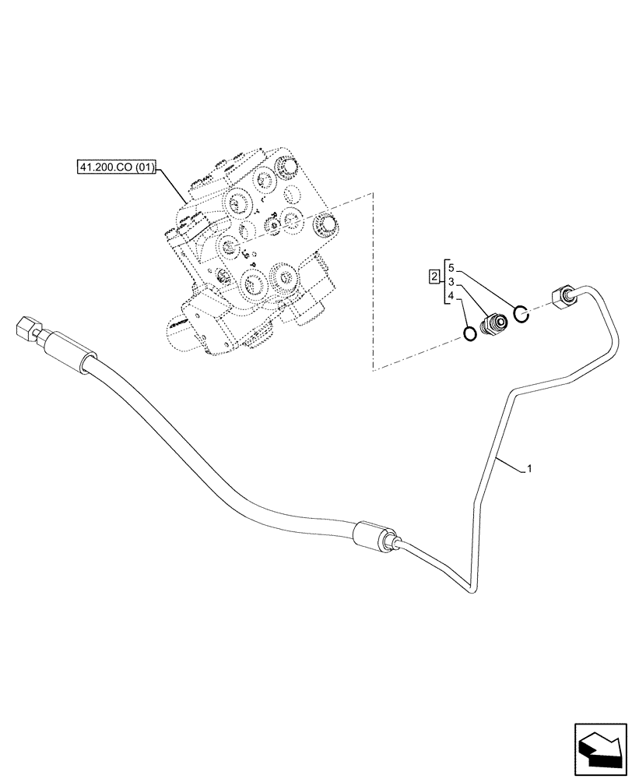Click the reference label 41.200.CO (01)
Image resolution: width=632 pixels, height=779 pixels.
(x=117, y=167)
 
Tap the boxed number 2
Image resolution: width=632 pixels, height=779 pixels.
(x=434, y=277)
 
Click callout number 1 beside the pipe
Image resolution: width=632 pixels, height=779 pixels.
(x=529, y=469)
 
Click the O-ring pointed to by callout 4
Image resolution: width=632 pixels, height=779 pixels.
(x=470, y=333)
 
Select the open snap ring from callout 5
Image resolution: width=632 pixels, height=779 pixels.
(x=521, y=314)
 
